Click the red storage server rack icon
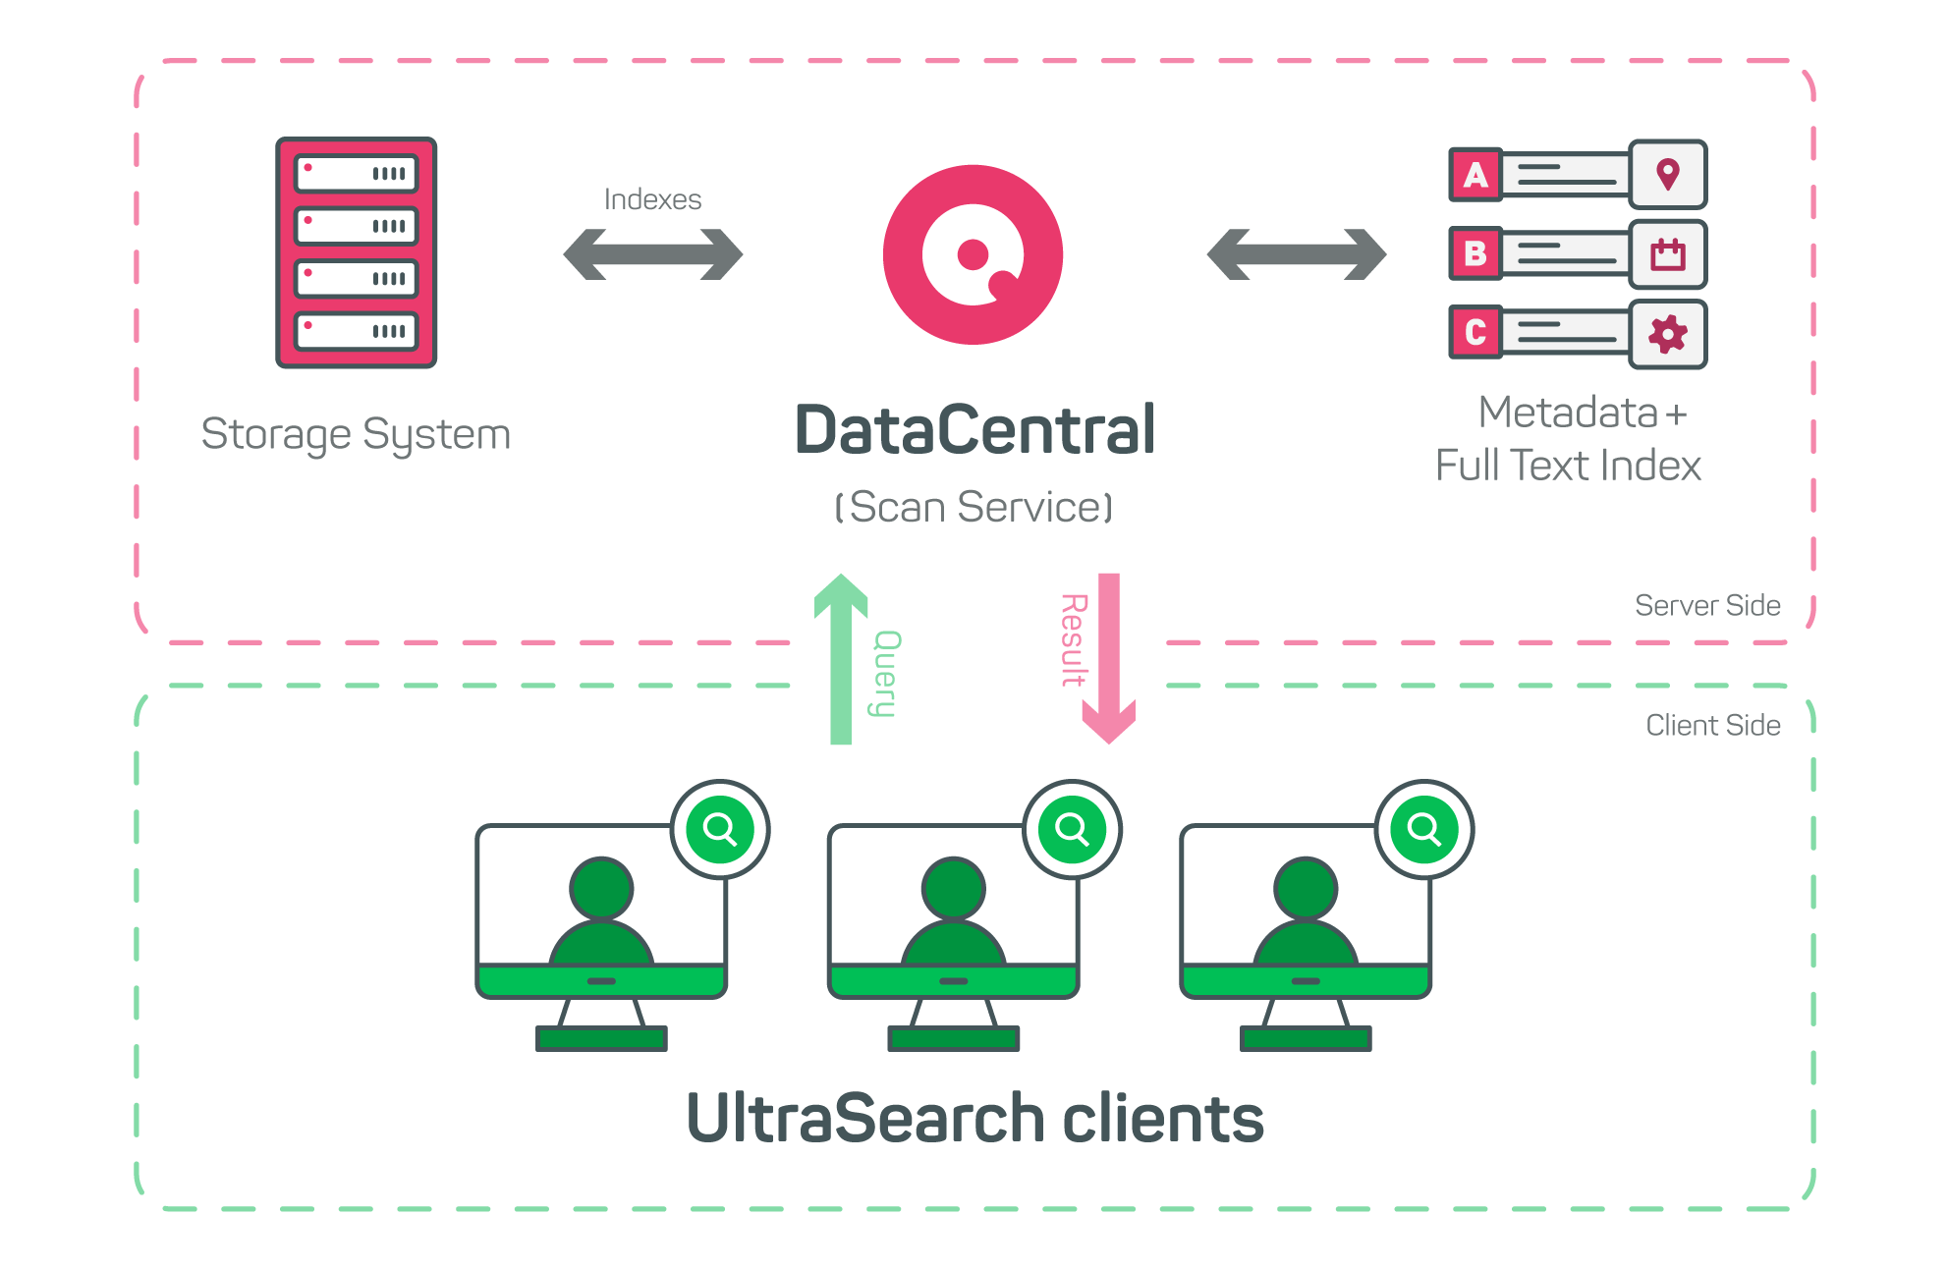[x=356, y=252]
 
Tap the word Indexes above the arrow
[x=652, y=199]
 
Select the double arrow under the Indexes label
[x=652, y=254]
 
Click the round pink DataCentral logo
[x=973, y=254]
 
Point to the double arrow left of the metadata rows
[x=1296, y=254]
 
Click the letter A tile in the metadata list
[x=1475, y=175]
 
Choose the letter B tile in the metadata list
[x=1475, y=253]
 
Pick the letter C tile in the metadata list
[x=1475, y=332]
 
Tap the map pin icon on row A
[x=1667, y=175]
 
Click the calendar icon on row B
[x=1667, y=254]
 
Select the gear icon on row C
[x=1667, y=334]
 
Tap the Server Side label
[x=1707, y=605]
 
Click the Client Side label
[x=1712, y=725]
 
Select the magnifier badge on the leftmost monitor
[x=720, y=829]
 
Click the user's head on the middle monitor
[x=953, y=888]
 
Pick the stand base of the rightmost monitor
[x=1306, y=1038]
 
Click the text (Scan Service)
[x=974, y=507]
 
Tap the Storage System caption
[x=356, y=434]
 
